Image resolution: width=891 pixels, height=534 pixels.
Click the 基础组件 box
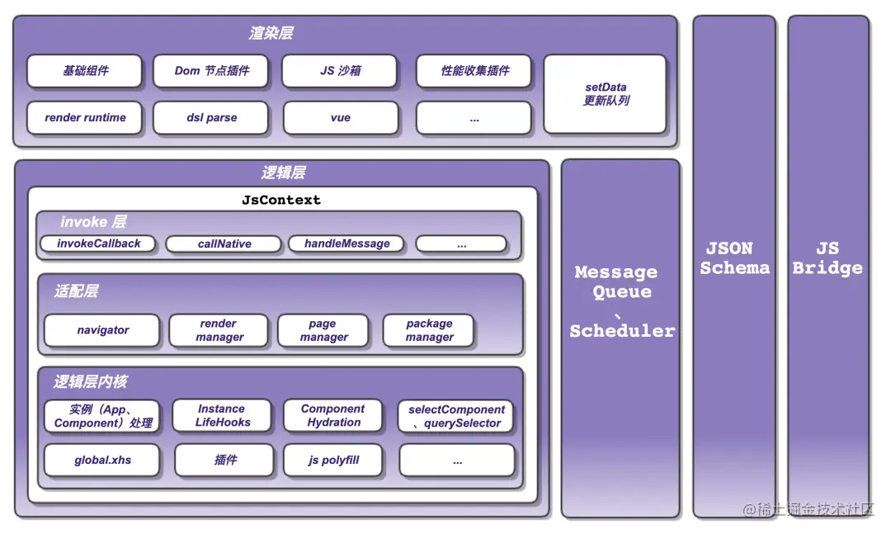coord(85,71)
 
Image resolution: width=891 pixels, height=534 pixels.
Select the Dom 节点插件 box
coord(212,71)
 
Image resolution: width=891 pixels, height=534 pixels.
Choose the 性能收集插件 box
coord(474,71)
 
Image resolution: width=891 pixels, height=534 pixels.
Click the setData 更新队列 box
coord(606,93)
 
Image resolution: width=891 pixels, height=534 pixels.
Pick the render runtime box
coord(85,118)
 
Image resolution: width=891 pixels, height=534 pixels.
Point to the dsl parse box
coord(211,118)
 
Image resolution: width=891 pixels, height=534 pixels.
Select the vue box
coord(341,118)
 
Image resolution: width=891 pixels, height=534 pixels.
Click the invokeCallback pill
coord(99,244)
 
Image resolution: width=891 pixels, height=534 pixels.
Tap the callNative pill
coord(224,244)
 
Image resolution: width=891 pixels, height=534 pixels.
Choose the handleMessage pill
coord(346,244)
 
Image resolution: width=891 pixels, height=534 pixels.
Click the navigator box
coord(102,330)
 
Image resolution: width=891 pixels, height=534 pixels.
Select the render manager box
coord(219,330)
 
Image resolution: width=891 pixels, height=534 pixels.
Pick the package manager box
coord(429,330)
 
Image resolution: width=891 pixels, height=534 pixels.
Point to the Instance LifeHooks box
coord(222,415)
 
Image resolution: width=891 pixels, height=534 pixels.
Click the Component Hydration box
coord(333,415)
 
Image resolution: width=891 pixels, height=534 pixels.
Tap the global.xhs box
coord(102,461)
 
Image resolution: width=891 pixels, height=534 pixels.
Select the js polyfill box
coord(333,461)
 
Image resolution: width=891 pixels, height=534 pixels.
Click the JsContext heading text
coord(281,200)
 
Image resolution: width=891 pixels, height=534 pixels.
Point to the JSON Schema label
coord(734,258)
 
